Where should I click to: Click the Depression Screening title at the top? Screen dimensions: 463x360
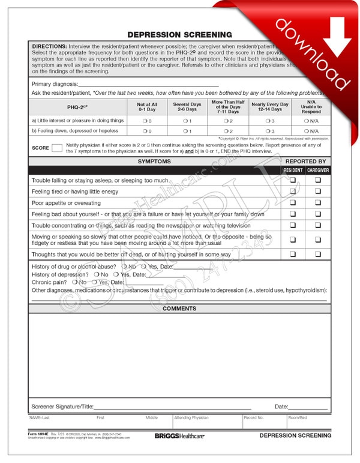point(179,35)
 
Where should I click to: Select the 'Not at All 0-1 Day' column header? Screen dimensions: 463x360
point(146,107)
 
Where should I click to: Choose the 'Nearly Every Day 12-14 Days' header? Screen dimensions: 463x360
point(269,107)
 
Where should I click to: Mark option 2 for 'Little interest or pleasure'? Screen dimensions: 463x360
point(226,121)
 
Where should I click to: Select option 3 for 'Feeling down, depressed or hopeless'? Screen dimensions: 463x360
point(267,131)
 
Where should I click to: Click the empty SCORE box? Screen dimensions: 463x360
point(57,148)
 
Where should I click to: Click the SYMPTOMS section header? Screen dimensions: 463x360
point(154,162)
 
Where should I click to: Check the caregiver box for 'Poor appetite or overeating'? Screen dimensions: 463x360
point(318,202)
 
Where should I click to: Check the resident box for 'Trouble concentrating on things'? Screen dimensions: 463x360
point(293,225)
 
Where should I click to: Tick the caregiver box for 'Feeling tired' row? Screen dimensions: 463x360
point(318,191)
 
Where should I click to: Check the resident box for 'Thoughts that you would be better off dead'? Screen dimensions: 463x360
point(293,254)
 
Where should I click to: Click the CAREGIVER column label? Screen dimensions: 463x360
point(318,171)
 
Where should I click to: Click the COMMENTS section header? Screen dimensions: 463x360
point(179,309)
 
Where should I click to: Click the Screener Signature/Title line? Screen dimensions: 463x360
point(171,408)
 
